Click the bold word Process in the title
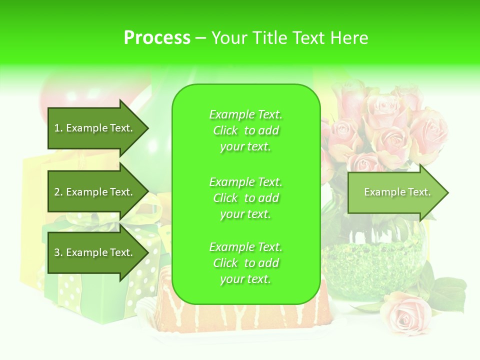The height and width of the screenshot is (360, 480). click(x=157, y=38)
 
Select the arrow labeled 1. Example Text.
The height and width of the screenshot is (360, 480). click(x=95, y=128)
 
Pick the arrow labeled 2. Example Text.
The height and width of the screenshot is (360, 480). click(x=95, y=192)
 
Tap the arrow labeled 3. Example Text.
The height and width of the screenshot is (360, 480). click(x=95, y=252)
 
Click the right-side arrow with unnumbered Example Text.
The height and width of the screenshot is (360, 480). click(x=395, y=192)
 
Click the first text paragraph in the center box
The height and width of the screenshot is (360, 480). click(x=245, y=130)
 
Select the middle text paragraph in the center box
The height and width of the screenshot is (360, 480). click(x=245, y=197)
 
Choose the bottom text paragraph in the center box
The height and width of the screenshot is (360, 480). click(x=245, y=263)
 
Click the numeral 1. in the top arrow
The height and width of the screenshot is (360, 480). click(x=58, y=128)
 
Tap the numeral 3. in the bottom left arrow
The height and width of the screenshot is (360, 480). click(x=58, y=252)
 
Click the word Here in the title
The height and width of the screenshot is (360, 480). click(x=351, y=38)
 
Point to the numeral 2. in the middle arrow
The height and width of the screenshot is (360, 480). click(x=58, y=192)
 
